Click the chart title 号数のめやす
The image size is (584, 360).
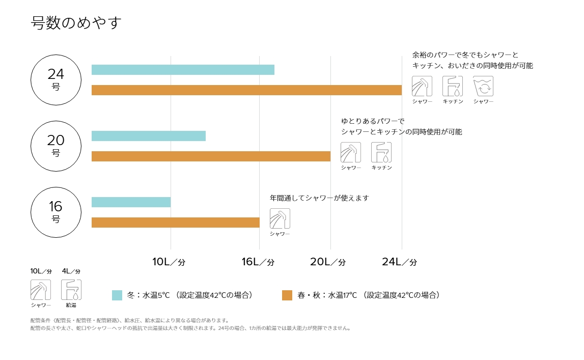(x=76, y=23)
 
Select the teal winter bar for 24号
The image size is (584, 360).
(x=183, y=70)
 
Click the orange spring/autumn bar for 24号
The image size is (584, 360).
(x=246, y=90)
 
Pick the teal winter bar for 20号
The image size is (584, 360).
(x=149, y=136)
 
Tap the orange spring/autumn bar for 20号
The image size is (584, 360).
(x=211, y=156)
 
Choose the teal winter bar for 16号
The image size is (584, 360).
(x=131, y=202)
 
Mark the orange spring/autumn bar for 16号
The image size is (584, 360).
(x=175, y=223)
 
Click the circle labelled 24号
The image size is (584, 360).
(x=56, y=79)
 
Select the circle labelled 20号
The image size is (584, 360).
(x=56, y=145)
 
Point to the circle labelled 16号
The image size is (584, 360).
(x=56, y=211)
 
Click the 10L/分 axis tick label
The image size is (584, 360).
(x=169, y=262)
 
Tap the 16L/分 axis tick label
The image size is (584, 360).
(x=258, y=262)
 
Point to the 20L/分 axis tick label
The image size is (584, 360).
(x=328, y=262)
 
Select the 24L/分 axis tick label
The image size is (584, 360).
(x=400, y=262)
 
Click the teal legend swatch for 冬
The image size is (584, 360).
(x=117, y=295)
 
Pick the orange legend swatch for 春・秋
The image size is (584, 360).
(x=287, y=295)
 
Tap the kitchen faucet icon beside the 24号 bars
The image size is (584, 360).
(x=453, y=86)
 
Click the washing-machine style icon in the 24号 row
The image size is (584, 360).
(x=483, y=86)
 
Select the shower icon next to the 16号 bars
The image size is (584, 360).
(x=280, y=218)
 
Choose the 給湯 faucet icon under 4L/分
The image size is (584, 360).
(x=71, y=290)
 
